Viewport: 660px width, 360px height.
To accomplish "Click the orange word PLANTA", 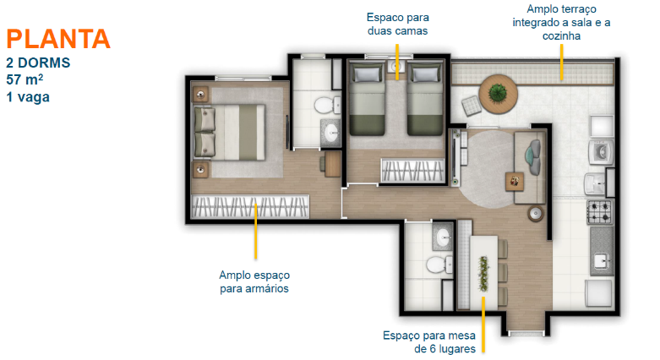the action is (58, 39).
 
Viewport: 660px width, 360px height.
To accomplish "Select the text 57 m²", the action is (25, 79).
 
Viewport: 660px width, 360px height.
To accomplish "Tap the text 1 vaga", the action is (28, 97).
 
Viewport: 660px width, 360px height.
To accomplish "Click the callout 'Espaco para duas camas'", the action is (397, 24).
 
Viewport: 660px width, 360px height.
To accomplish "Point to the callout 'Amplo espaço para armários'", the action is (254, 281).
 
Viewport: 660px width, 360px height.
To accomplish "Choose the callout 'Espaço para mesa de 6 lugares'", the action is (429, 342).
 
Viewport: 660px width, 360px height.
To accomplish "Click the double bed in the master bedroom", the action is (229, 132).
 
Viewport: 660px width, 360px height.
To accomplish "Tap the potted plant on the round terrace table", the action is (498, 93).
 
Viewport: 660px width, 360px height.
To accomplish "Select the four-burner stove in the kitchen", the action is (600, 212).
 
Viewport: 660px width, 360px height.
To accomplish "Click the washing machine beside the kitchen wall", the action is (601, 152).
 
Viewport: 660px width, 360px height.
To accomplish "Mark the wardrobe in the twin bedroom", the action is (412, 170).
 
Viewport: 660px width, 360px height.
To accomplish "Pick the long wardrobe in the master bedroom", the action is (250, 206).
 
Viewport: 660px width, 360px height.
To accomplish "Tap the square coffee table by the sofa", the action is (515, 182).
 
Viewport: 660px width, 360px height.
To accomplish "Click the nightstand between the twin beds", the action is (396, 67).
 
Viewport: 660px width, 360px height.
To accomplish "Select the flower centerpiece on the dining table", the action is (483, 274).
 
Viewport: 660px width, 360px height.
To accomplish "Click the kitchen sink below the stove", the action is (602, 261).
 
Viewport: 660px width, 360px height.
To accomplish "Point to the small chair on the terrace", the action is (471, 106).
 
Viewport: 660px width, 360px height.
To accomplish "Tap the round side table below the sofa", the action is (536, 213).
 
